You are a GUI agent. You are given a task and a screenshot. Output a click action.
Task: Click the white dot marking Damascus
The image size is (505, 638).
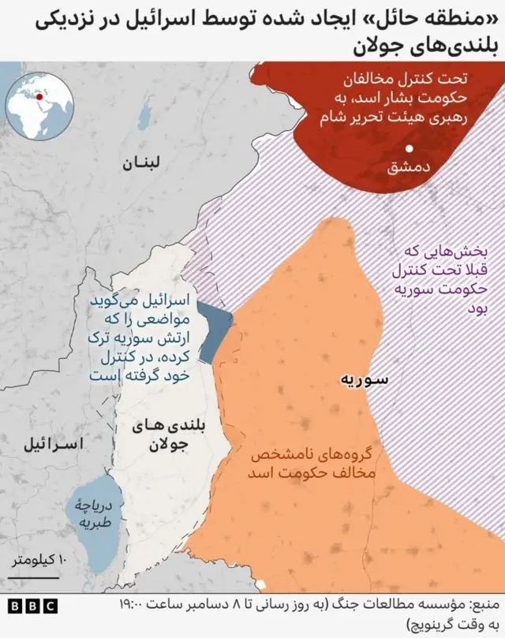pos(409,149)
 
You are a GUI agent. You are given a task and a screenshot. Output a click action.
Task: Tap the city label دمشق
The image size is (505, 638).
pos(409,167)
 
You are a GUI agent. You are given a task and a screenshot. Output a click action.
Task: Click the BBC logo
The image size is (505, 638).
pos(32,606)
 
